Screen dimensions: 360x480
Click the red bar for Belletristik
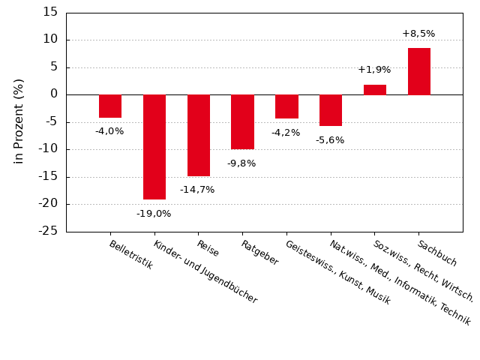pos(110,106)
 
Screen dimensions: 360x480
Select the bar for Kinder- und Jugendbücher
pos(154,147)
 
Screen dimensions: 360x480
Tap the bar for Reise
pos(199,135)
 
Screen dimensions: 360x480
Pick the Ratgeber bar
pos(242,121)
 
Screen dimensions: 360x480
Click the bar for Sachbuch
pos(419,71)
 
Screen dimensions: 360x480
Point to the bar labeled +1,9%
pos(375,89)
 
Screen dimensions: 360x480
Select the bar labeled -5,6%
pos(331,110)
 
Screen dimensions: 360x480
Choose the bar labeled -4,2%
pos(286,106)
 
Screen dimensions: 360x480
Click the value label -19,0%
pos(154,214)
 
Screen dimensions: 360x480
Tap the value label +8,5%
pos(418,34)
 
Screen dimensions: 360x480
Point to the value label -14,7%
pos(197,190)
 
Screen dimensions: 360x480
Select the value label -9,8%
pos(241,163)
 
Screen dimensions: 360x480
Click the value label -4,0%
pos(109,131)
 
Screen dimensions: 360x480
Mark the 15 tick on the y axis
pos(50,12)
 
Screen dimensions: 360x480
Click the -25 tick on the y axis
pos(48,231)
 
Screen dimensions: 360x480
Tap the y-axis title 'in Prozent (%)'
pos(19,121)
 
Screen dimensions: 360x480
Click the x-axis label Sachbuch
pos(437,253)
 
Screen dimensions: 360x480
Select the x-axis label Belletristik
pos(131,255)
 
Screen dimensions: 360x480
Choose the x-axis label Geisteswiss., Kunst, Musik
pos(337,271)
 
